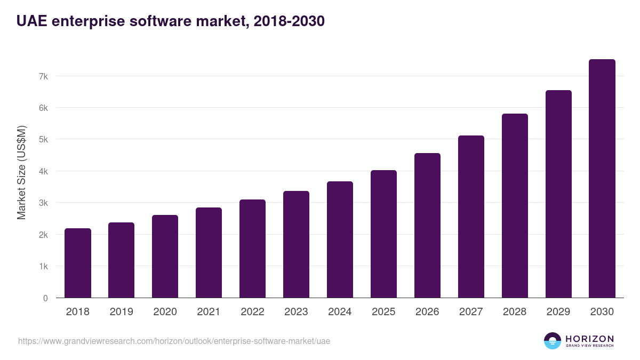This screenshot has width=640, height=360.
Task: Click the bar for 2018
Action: click(78, 263)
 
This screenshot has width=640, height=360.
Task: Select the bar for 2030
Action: click(602, 179)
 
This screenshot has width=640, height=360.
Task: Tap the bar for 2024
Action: click(340, 239)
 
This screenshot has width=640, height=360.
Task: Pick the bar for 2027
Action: click(471, 217)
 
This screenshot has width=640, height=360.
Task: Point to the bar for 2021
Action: click(209, 253)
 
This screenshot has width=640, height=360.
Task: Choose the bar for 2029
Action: click(558, 194)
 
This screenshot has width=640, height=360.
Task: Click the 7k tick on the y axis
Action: click(43, 76)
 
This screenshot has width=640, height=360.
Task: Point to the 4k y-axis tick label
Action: click(43, 171)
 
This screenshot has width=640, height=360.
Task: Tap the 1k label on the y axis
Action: click(43, 266)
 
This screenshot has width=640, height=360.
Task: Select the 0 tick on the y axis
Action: click(45, 298)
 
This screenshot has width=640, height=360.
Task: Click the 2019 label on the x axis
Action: click(122, 312)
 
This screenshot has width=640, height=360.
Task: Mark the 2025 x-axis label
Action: click(383, 312)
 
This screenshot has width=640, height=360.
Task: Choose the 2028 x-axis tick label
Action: click(515, 312)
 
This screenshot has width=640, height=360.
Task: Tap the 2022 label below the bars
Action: click(252, 312)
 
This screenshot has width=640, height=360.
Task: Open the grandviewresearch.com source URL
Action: click(174, 341)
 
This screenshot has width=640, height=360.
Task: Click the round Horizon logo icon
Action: click(553, 341)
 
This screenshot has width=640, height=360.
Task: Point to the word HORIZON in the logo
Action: click(589, 339)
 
